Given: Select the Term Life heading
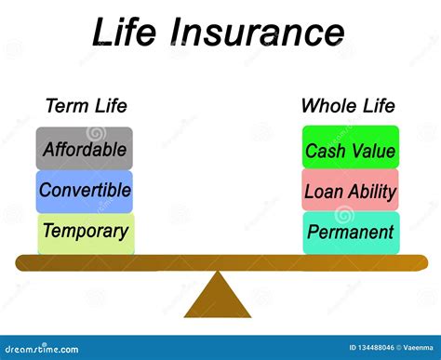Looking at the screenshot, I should [x=86, y=105].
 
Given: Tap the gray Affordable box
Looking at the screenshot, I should [x=85, y=148].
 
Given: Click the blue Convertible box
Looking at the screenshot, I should [x=85, y=191].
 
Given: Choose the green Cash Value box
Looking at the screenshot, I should [x=350, y=149].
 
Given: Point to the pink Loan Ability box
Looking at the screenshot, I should [x=350, y=191].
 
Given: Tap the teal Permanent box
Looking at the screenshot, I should [x=351, y=233].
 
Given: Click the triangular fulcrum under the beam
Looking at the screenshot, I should [x=218, y=296].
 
